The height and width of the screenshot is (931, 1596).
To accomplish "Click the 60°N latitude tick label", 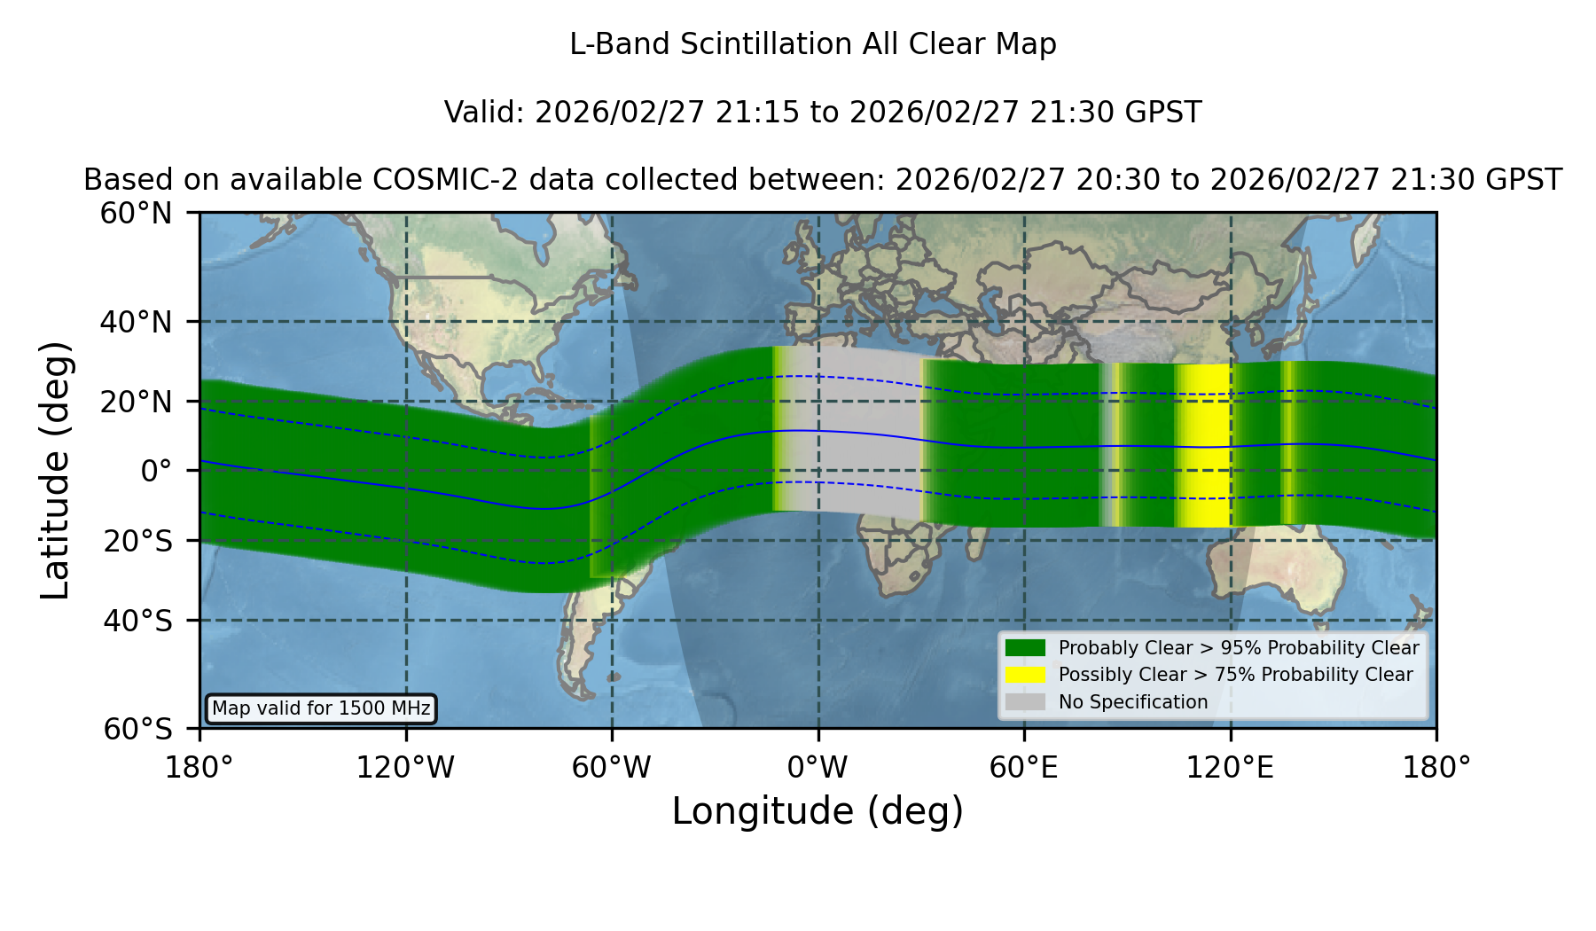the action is [136, 214].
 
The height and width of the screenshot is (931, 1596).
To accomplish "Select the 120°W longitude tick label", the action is [405, 768].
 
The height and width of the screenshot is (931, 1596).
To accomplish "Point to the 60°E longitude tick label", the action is [1024, 768].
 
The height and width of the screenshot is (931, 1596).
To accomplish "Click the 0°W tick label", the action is [818, 768].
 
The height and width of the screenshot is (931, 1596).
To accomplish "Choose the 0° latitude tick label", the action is [156, 471].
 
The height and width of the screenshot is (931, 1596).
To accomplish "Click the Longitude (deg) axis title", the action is [818, 811].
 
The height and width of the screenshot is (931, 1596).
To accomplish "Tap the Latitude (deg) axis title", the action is [56, 470].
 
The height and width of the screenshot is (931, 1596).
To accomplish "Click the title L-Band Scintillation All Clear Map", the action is [813, 44].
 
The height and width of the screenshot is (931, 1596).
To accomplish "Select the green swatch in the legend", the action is [1025, 648].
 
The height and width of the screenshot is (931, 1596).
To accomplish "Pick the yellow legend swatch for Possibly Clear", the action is [1025, 675].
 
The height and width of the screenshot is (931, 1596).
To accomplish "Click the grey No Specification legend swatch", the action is [1025, 702].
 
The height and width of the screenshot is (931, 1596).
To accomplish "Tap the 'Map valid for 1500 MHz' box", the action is [321, 708].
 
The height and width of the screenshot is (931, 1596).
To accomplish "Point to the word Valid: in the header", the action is [485, 113].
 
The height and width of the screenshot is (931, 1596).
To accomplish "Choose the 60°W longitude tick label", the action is [612, 768].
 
